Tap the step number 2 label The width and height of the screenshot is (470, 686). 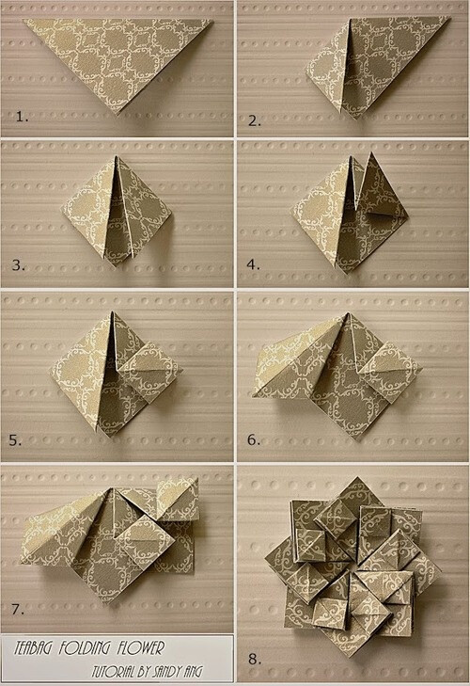253,119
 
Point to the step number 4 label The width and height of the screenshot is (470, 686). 253,265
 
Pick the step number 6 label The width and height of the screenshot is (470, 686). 253,439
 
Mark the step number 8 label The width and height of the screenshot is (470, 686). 252,660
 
